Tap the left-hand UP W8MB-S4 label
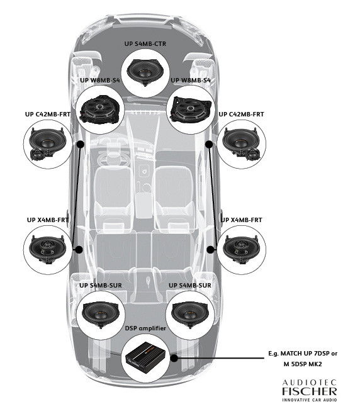point(101,80)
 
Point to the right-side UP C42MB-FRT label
point(241,115)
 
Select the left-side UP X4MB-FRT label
point(47,220)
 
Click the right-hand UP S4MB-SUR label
point(191,286)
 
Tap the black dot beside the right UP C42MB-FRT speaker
point(209,143)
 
